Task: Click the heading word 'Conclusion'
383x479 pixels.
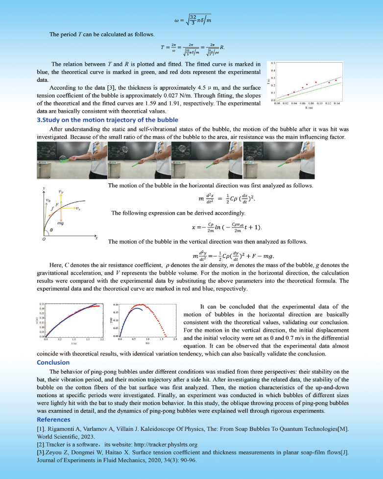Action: [x=53, y=362]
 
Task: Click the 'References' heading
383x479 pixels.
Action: [x=54, y=419]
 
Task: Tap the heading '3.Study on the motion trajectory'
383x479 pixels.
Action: [x=107, y=120]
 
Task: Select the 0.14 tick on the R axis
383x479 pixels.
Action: [x=336, y=104]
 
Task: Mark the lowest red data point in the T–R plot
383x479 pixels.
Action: [x=287, y=95]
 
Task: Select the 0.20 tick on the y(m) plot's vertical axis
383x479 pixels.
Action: [x=117, y=305]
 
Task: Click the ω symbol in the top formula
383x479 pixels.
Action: [x=177, y=21]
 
